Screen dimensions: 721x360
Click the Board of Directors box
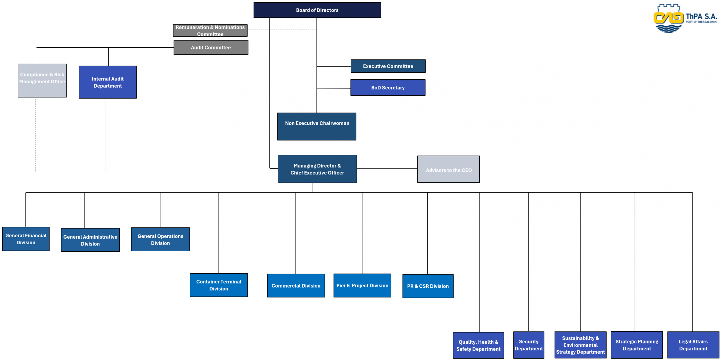(317, 10)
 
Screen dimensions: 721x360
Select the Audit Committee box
(211, 47)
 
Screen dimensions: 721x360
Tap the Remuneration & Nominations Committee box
(210, 30)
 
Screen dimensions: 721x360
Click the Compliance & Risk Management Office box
(42, 81)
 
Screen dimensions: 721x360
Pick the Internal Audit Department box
(108, 82)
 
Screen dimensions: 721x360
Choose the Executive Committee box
(388, 66)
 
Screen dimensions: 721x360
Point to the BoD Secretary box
(388, 88)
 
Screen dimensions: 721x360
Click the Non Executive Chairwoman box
(317, 126)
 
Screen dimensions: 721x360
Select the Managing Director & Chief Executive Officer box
(317, 169)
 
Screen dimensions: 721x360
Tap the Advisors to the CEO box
(448, 169)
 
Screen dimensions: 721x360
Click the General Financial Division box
(26, 239)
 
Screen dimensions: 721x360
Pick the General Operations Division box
(160, 239)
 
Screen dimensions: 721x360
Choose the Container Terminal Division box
(219, 285)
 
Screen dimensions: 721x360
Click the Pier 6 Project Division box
(362, 285)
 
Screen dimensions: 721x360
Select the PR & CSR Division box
(428, 286)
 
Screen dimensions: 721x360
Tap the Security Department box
(529, 345)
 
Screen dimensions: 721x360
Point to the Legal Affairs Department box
(693, 345)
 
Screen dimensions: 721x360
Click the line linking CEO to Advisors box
(387, 169)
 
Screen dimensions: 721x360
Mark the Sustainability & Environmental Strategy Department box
(580, 345)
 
